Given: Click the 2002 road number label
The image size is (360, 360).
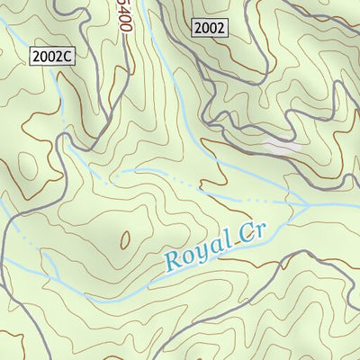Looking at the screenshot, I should [x=210, y=28].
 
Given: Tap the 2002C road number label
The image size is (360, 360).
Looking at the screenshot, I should [x=51, y=56].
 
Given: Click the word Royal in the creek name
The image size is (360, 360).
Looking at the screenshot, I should [x=195, y=251].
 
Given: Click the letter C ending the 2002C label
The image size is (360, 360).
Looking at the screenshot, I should [x=67, y=56].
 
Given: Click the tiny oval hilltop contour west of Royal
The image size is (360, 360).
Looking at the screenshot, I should [x=124, y=238].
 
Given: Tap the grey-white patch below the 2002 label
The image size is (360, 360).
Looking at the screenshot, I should [x=281, y=144].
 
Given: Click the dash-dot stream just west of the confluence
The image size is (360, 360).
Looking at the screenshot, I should [x=270, y=200].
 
